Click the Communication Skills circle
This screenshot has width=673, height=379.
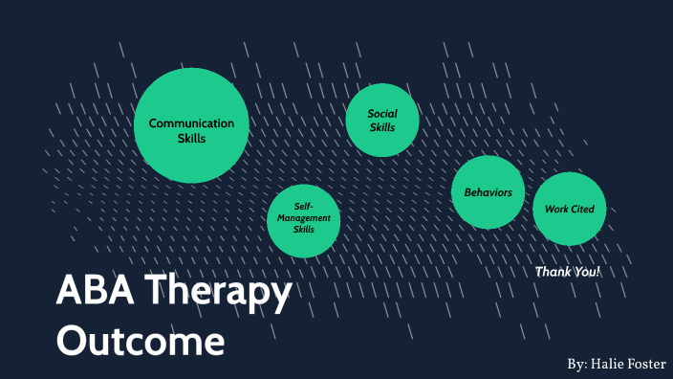pyautogui.click(x=191, y=125)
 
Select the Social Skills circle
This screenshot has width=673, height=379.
pyautogui.click(x=382, y=120)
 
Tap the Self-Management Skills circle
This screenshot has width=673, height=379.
pyautogui.click(x=304, y=220)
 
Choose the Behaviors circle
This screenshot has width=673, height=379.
pyautogui.click(x=488, y=192)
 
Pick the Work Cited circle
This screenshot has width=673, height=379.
pyautogui.click(x=570, y=209)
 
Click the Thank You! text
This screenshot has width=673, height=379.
pyautogui.click(x=567, y=272)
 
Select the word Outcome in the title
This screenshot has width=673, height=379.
pyautogui.click(x=141, y=341)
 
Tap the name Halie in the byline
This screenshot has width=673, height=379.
pyautogui.click(x=608, y=365)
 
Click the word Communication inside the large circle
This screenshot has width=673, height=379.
pyautogui.click(x=191, y=123)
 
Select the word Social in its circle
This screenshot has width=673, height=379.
pyautogui.click(x=382, y=114)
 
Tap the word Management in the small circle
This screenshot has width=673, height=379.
pyautogui.click(x=304, y=218)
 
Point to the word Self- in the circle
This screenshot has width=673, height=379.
pyautogui.click(x=304, y=207)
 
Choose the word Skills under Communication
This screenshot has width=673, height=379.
pyautogui.click(x=191, y=138)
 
